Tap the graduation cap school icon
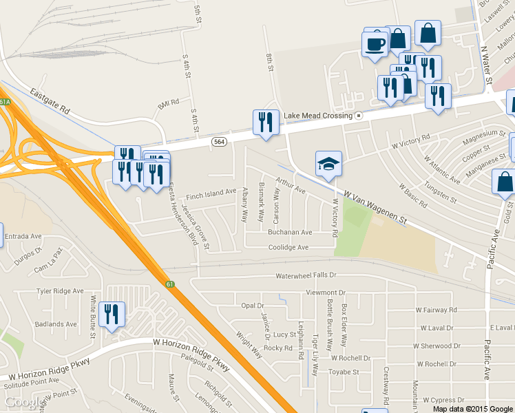click(x=328, y=164)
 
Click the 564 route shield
click(x=218, y=141)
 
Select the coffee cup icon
click(x=375, y=44)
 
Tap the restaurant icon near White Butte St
click(x=111, y=315)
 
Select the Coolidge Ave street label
click(x=288, y=247)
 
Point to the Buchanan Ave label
click(x=290, y=233)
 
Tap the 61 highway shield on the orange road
click(x=169, y=284)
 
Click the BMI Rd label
click(x=168, y=104)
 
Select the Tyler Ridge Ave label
click(x=60, y=291)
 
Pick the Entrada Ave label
click(x=23, y=236)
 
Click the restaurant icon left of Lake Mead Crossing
click(x=266, y=123)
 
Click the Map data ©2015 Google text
click(x=472, y=408)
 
